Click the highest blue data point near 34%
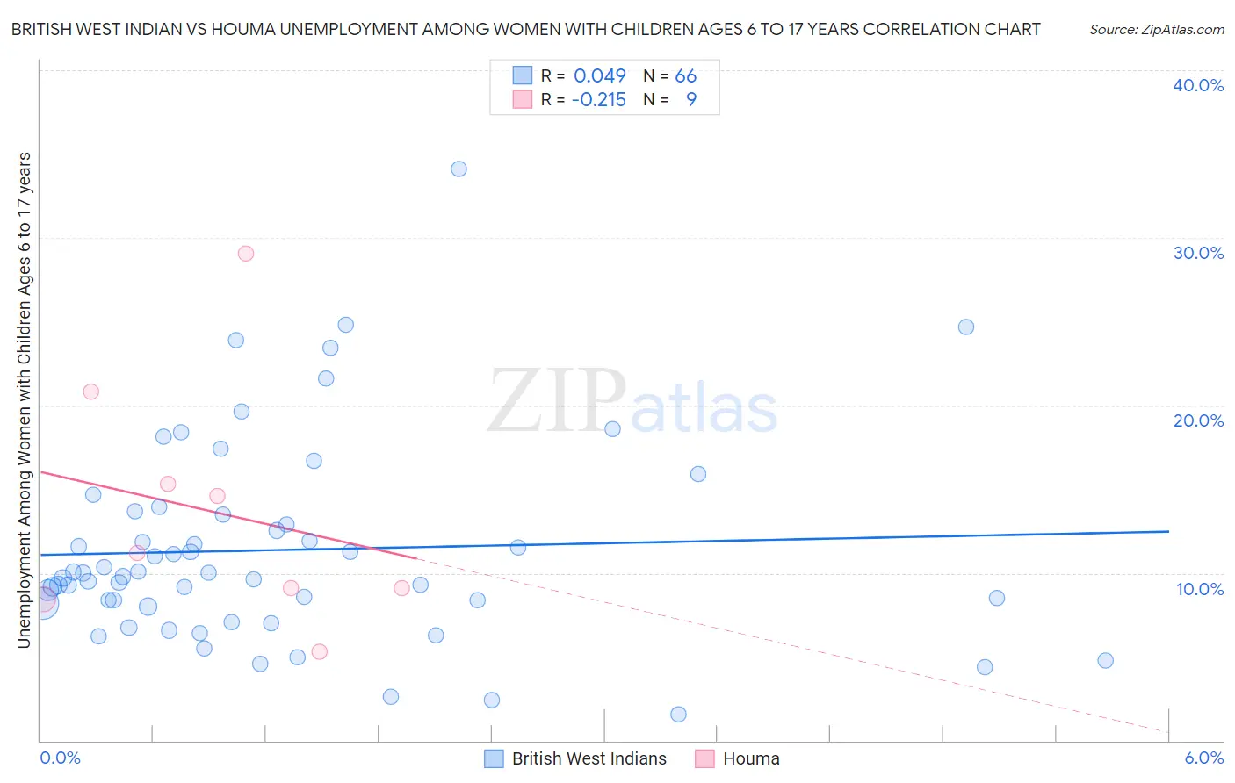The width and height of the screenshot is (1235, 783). pyautogui.click(x=459, y=169)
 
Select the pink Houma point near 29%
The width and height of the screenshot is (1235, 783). pyautogui.click(x=246, y=254)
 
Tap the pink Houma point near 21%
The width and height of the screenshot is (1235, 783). pyautogui.click(x=91, y=391)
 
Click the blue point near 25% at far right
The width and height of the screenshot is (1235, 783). pyautogui.click(x=966, y=327)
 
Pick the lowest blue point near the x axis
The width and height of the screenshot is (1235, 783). pyautogui.click(x=678, y=715)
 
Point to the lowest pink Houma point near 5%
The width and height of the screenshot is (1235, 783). pyautogui.click(x=320, y=651)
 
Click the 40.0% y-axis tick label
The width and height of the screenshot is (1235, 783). pyautogui.click(x=1198, y=85)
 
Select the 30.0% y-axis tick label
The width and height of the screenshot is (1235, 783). pyautogui.click(x=1198, y=253)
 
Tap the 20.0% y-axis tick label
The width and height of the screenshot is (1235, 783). pyautogui.click(x=1198, y=420)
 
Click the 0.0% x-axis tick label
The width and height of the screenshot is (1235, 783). pyautogui.click(x=60, y=758)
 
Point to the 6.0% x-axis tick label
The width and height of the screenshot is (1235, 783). pyautogui.click(x=1203, y=758)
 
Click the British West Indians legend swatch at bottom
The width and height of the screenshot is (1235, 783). pyautogui.click(x=495, y=758)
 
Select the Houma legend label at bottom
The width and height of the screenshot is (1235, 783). pyautogui.click(x=751, y=758)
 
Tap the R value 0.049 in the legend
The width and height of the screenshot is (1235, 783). pyautogui.click(x=599, y=75)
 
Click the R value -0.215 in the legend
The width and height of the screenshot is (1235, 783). pyautogui.click(x=598, y=100)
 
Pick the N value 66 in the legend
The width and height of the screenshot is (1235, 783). pyautogui.click(x=685, y=75)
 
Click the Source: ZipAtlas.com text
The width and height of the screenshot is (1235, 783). pyautogui.click(x=1156, y=29)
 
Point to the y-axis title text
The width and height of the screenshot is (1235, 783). pyautogui.click(x=24, y=399)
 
